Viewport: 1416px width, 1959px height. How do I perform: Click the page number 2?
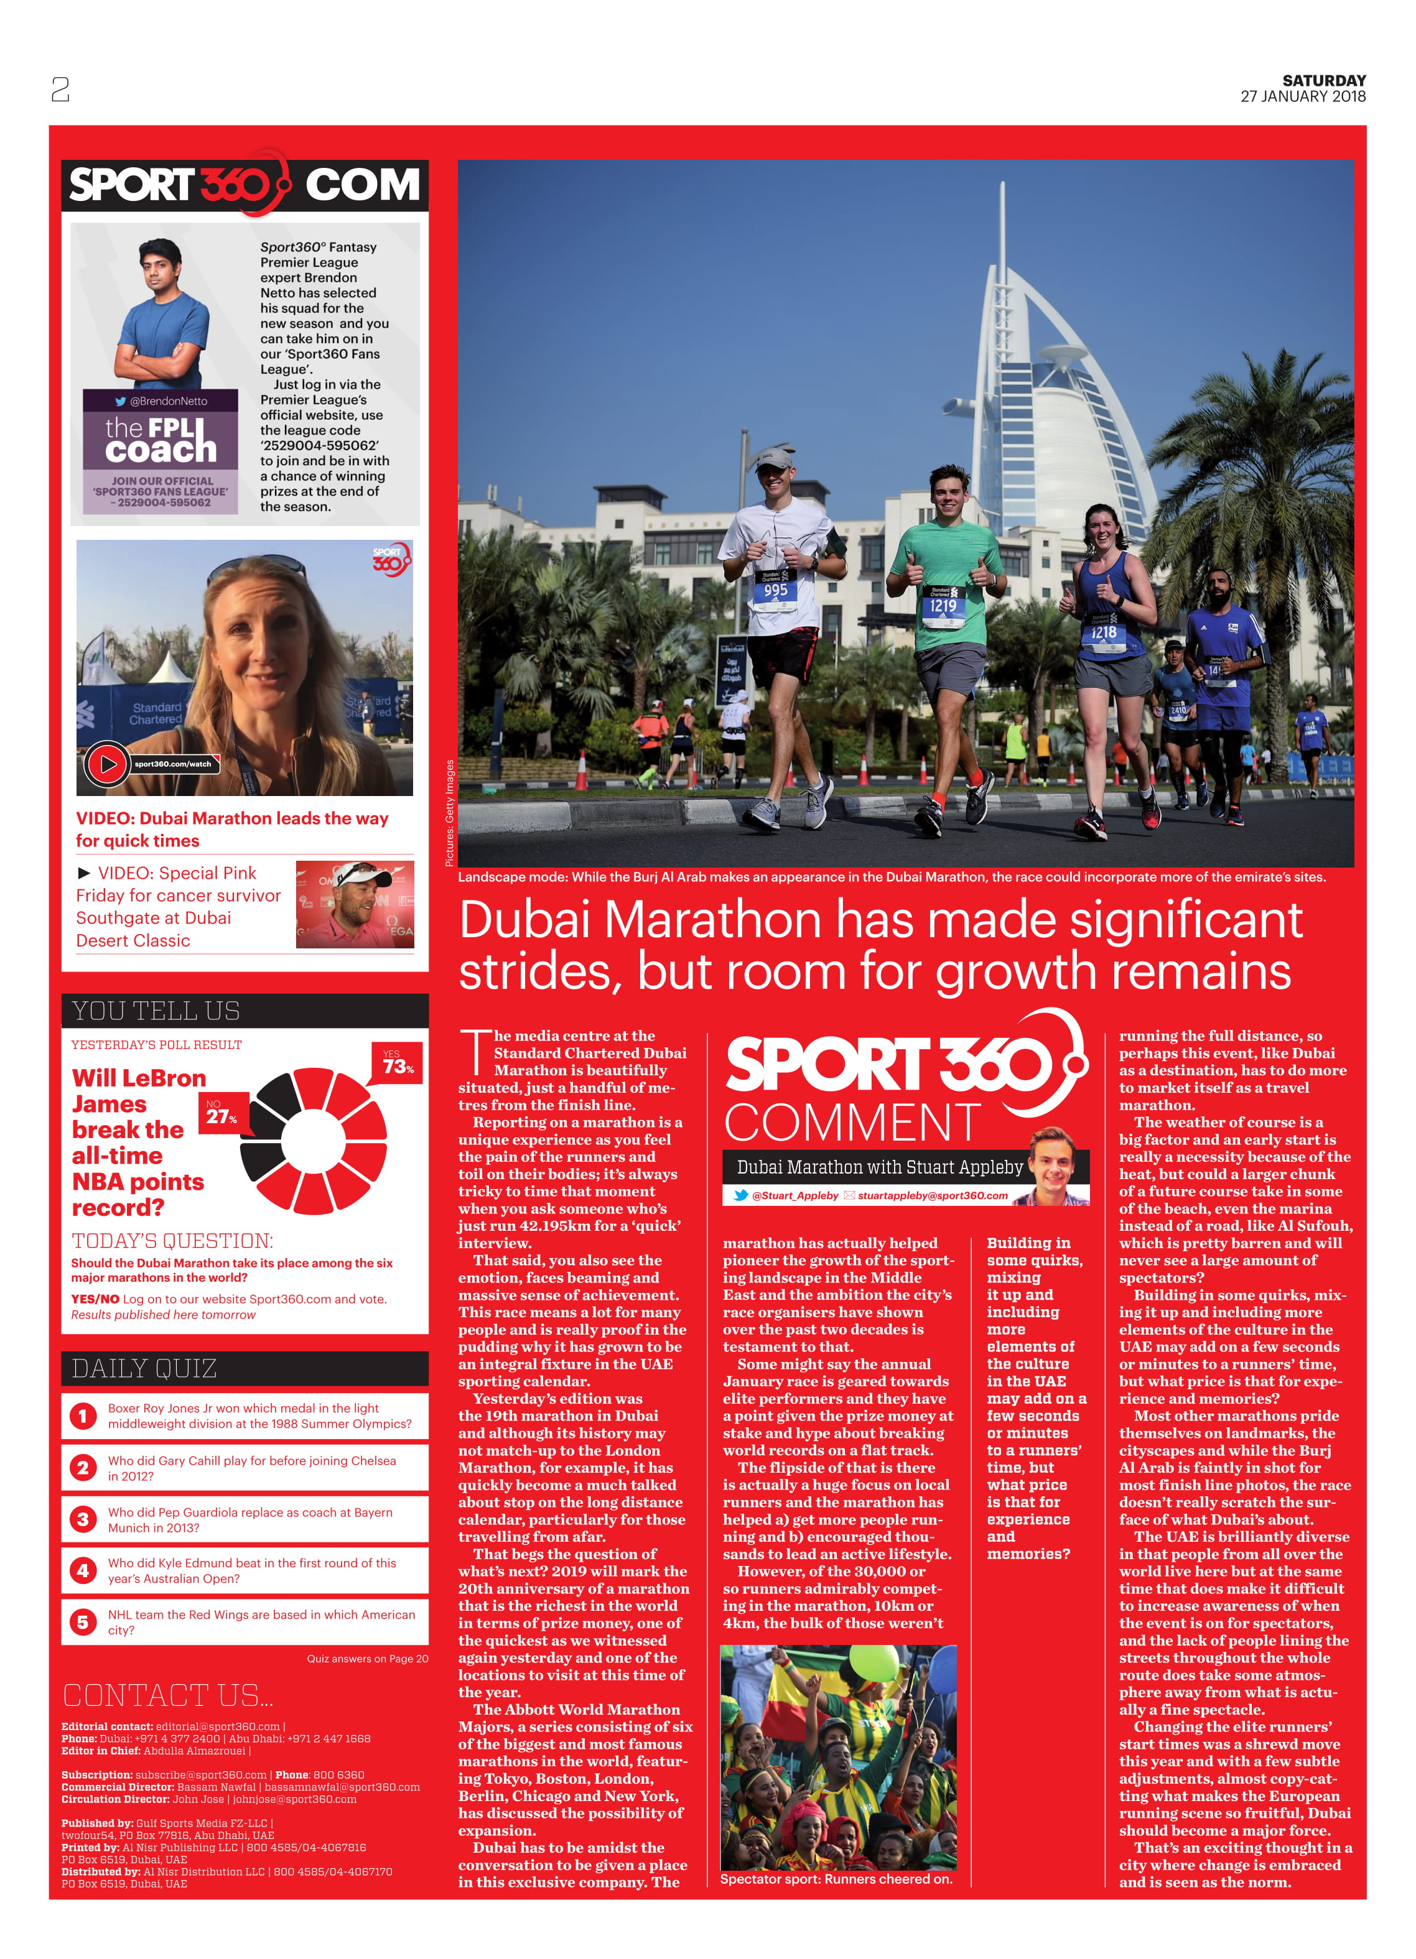(x=60, y=89)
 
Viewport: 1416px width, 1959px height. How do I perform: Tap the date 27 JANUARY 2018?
(x=1302, y=97)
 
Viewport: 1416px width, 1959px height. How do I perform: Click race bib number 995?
(x=775, y=591)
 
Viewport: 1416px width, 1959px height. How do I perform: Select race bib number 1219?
(x=943, y=606)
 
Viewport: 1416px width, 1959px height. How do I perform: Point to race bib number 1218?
(x=1103, y=633)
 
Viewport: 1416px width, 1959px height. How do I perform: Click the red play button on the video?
(x=107, y=764)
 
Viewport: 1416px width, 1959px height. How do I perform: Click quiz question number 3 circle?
(x=83, y=1519)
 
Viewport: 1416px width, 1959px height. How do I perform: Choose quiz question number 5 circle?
(x=83, y=1621)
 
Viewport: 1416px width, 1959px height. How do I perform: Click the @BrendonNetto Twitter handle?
(x=162, y=401)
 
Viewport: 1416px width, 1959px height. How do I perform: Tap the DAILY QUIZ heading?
(x=144, y=1368)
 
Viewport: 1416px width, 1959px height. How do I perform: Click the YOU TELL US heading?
(x=156, y=1011)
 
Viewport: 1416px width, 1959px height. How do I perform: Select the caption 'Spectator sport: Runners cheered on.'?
(x=836, y=1879)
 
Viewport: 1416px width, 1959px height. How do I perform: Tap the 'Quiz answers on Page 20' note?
(x=367, y=1659)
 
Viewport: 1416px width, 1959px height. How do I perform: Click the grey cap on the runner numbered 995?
(x=771, y=456)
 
